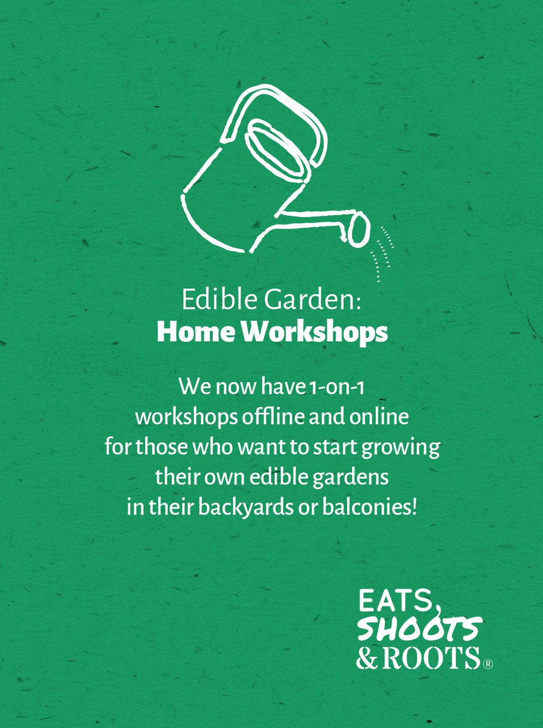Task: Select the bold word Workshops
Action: click(x=314, y=333)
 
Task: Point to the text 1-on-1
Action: click(x=336, y=387)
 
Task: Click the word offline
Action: click(x=273, y=417)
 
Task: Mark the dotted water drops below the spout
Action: click(x=383, y=254)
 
